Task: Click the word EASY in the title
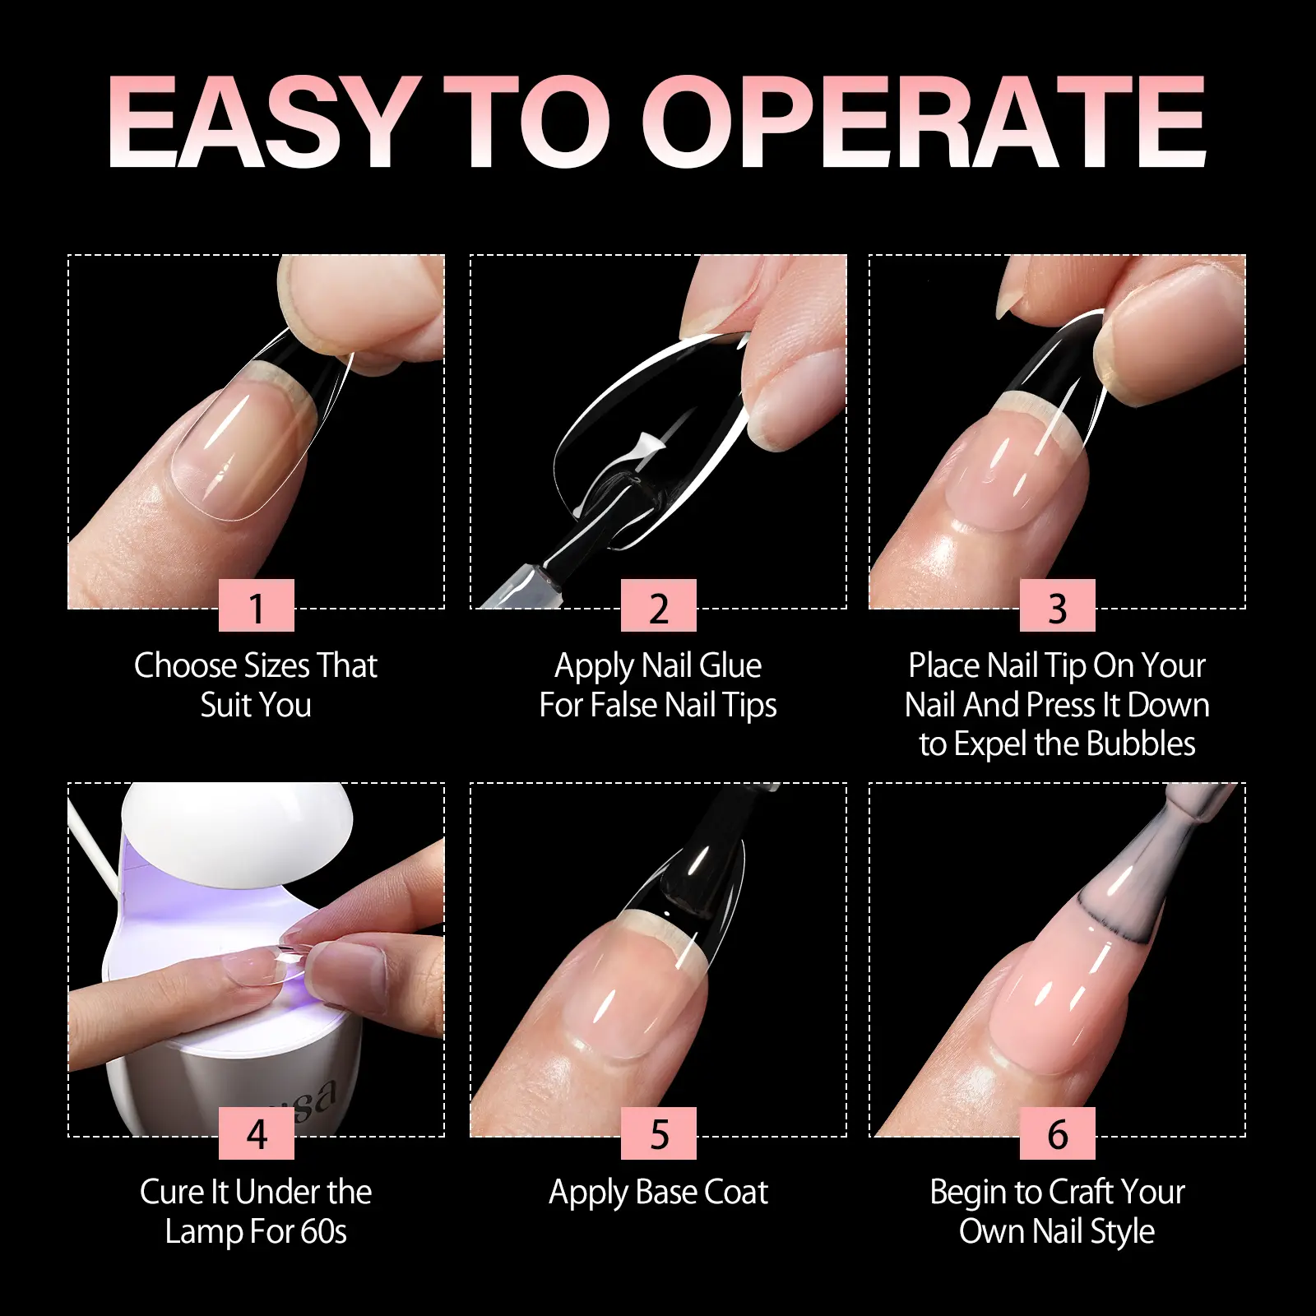pyautogui.click(x=262, y=123)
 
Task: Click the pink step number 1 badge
pyautogui.click(x=257, y=605)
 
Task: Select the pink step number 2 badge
pyautogui.click(x=659, y=605)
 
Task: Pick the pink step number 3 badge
pyautogui.click(x=1058, y=605)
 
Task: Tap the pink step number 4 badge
pyautogui.click(x=257, y=1133)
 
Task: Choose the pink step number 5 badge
pyautogui.click(x=659, y=1133)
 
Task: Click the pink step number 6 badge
pyautogui.click(x=1058, y=1133)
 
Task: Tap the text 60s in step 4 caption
pyautogui.click(x=323, y=1232)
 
